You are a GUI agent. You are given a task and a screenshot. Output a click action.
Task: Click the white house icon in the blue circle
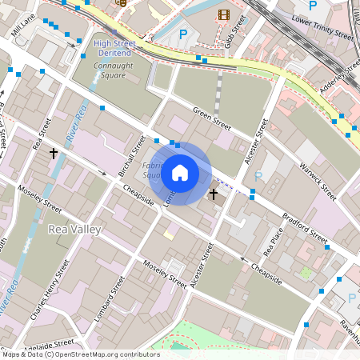tap(180, 173)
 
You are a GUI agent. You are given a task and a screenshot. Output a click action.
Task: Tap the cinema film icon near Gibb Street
tap(223, 14)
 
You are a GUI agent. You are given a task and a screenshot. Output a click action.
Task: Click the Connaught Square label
tap(109, 70)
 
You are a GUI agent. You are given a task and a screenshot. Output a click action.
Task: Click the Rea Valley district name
tap(75, 230)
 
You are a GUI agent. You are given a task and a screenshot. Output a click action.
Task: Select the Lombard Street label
tap(105, 299)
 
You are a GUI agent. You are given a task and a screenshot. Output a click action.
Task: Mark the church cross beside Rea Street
tap(54, 152)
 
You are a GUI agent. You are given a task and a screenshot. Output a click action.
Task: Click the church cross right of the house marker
tap(214, 194)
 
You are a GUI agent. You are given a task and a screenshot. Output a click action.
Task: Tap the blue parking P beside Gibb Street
tap(183, 34)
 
